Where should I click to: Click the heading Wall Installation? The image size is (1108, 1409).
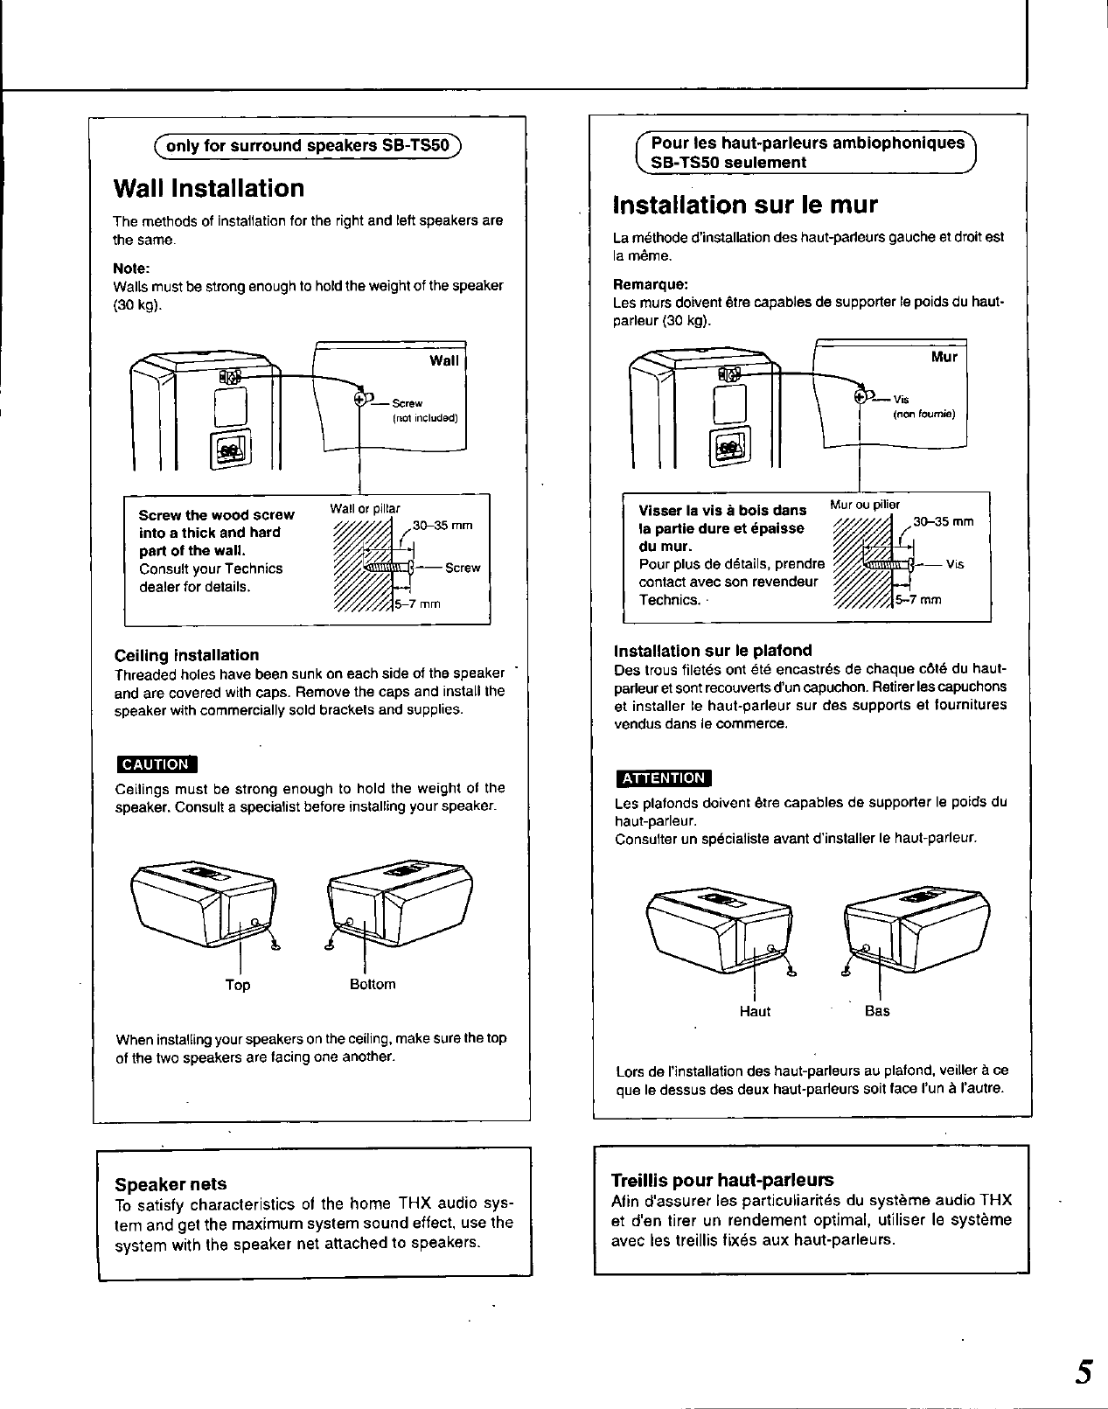pos(209,189)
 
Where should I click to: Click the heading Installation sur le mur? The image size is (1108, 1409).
pos(745,205)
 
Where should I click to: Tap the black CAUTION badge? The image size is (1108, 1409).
pos(156,764)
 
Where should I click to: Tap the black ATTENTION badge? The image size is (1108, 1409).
pos(663,778)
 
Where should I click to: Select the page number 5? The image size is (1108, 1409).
pos(1084,1371)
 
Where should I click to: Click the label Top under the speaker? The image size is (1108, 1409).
pos(237,985)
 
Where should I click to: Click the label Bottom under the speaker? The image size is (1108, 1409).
pos(373,984)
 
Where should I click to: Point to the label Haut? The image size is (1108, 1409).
pos(755,1011)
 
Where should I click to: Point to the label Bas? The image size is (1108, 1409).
pos(876,1010)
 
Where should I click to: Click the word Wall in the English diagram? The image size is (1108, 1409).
pos(443,360)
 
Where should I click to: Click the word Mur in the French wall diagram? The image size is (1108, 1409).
pos(944,357)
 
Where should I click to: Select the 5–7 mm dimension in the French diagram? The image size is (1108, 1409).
pos(918,600)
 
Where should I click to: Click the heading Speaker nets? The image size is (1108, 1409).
pos(171,1184)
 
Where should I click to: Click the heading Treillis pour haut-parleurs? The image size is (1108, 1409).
pos(722,1179)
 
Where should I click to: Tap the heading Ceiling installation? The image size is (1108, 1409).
pos(186,655)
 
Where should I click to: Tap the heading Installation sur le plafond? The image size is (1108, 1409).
pos(713,651)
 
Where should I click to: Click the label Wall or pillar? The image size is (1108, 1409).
pos(365,509)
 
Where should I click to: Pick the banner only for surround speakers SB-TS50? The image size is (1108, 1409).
pos(308,146)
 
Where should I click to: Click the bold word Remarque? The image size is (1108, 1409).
pos(651,284)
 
